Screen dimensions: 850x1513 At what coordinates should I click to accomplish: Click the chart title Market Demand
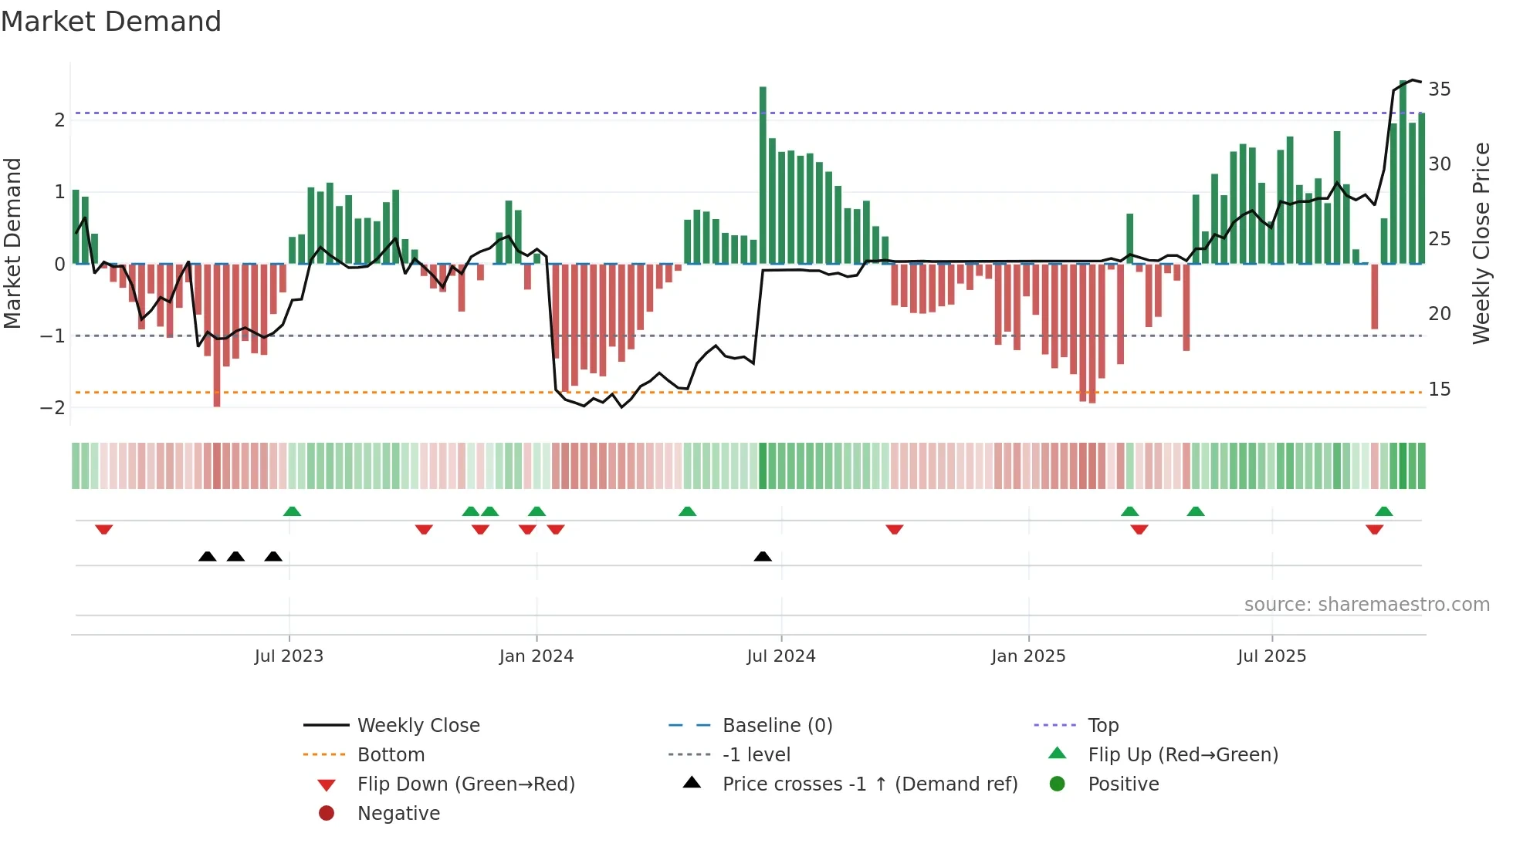[111, 22]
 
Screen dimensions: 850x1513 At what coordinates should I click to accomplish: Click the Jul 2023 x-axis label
[289, 656]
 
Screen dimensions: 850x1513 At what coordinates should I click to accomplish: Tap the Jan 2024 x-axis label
[536, 656]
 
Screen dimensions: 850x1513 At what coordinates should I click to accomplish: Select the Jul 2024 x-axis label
[780, 656]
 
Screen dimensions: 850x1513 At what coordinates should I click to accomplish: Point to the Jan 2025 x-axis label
[1027, 656]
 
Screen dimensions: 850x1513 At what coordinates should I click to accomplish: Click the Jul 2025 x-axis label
[1271, 656]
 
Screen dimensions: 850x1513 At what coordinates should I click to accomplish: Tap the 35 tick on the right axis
[1439, 89]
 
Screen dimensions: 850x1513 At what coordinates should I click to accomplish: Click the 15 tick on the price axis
[1439, 390]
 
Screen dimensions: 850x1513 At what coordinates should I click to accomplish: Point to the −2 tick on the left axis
[53, 408]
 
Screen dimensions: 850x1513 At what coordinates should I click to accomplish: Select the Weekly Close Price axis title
[1481, 243]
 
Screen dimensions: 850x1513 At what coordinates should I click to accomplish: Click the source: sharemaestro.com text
[1366, 605]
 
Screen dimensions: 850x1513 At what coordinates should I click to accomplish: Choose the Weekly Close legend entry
[418, 726]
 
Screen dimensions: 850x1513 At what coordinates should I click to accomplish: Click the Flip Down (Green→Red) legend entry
[465, 784]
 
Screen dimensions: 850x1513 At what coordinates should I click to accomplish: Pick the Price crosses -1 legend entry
[869, 784]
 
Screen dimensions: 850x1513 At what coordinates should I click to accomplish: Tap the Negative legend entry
[398, 814]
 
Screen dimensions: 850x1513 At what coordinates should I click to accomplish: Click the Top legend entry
[1102, 726]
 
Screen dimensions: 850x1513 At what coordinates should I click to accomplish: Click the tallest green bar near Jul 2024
[763, 174]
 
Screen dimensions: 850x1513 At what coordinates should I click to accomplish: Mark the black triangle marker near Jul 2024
[763, 556]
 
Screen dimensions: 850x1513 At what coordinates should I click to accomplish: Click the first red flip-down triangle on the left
[104, 529]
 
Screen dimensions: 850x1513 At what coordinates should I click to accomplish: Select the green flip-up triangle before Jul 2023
[292, 511]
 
